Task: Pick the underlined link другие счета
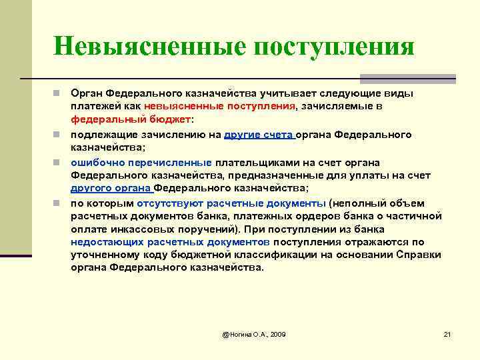[x=259, y=134]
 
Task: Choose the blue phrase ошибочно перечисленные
[x=141, y=163]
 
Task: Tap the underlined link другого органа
[x=111, y=189]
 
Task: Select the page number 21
[x=447, y=333]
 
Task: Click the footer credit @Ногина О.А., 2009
[x=253, y=333]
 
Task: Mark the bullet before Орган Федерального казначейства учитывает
[x=59, y=93]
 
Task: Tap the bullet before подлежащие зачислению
[x=59, y=134]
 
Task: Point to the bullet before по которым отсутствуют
[x=59, y=203]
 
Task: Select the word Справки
[x=403, y=255]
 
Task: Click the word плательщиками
[x=249, y=163]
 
